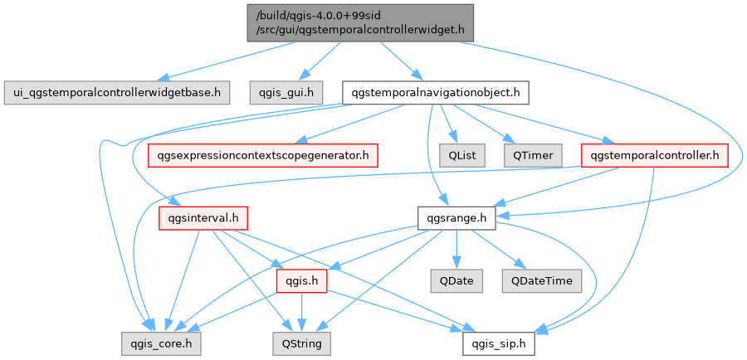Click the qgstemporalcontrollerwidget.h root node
click(359, 22)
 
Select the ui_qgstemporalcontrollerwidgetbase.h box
click(115, 93)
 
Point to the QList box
click(456, 154)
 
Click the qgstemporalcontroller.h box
click(655, 154)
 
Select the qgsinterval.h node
click(198, 219)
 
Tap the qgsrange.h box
click(456, 219)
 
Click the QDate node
click(456, 280)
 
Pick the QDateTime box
click(537, 280)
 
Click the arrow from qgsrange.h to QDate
click(456, 249)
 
